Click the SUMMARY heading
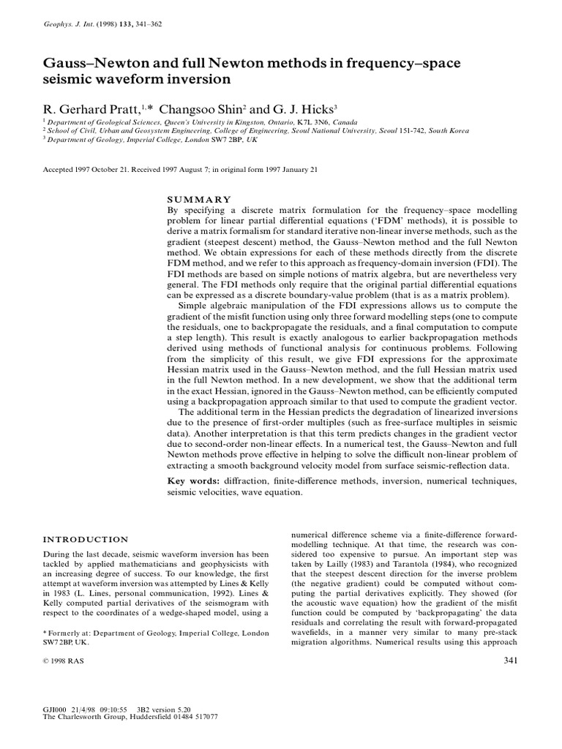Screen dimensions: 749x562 [200, 198]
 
